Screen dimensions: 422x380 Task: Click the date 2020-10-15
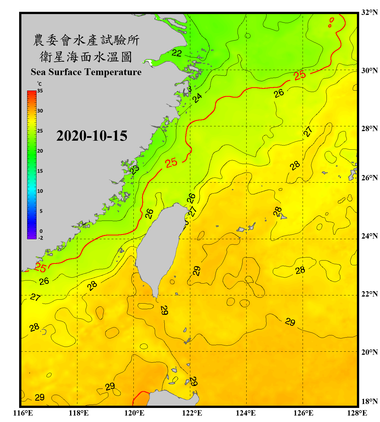(x=92, y=136)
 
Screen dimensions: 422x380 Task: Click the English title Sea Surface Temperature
(x=86, y=72)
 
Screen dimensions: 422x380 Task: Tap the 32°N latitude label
(x=369, y=12)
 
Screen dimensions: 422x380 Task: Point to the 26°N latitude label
(x=369, y=178)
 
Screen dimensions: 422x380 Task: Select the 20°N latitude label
(x=369, y=352)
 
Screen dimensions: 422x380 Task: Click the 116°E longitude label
(x=23, y=413)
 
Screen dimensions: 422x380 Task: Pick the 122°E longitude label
(x=192, y=413)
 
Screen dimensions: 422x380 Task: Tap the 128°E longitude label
(x=357, y=413)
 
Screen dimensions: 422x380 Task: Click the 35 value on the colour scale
(x=40, y=91)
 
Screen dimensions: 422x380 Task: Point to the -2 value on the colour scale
(x=41, y=238)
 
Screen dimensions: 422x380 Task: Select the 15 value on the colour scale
(x=40, y=171)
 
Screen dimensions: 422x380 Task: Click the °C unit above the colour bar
(x=39, y=84)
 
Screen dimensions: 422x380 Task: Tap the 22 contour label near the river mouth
(x=177, y=53)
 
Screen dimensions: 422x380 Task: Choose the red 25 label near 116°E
(x=40, y=268)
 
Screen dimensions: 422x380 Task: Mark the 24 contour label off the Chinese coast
(x=197, y=98)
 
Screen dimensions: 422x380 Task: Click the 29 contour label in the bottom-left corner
(x=39, y=397)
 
